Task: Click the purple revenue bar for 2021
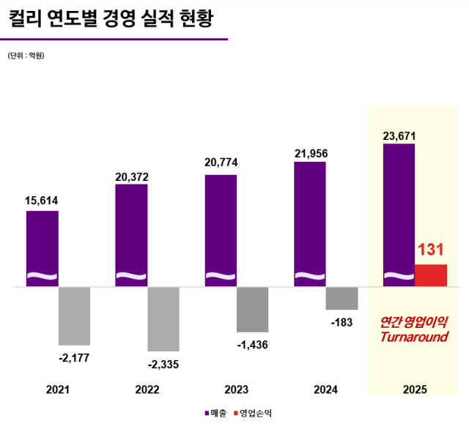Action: (x=42, y=248)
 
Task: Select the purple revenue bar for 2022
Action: (x=131, y=235)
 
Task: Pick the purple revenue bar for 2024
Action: (x=309, y=224)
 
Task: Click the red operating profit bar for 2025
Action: (x=431, y=275)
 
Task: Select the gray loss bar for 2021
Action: (x=74, y=316)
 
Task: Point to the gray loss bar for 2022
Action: (x=163, y=318)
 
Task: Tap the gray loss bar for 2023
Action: (x=252, y=310)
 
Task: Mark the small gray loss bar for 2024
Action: (x=341, y=298)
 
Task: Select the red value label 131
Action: (x=432, y=251)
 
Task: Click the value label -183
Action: (x=341, y=322)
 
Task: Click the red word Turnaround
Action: (x=413, y=337)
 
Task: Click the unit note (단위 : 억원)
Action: (x=26, y=56)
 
